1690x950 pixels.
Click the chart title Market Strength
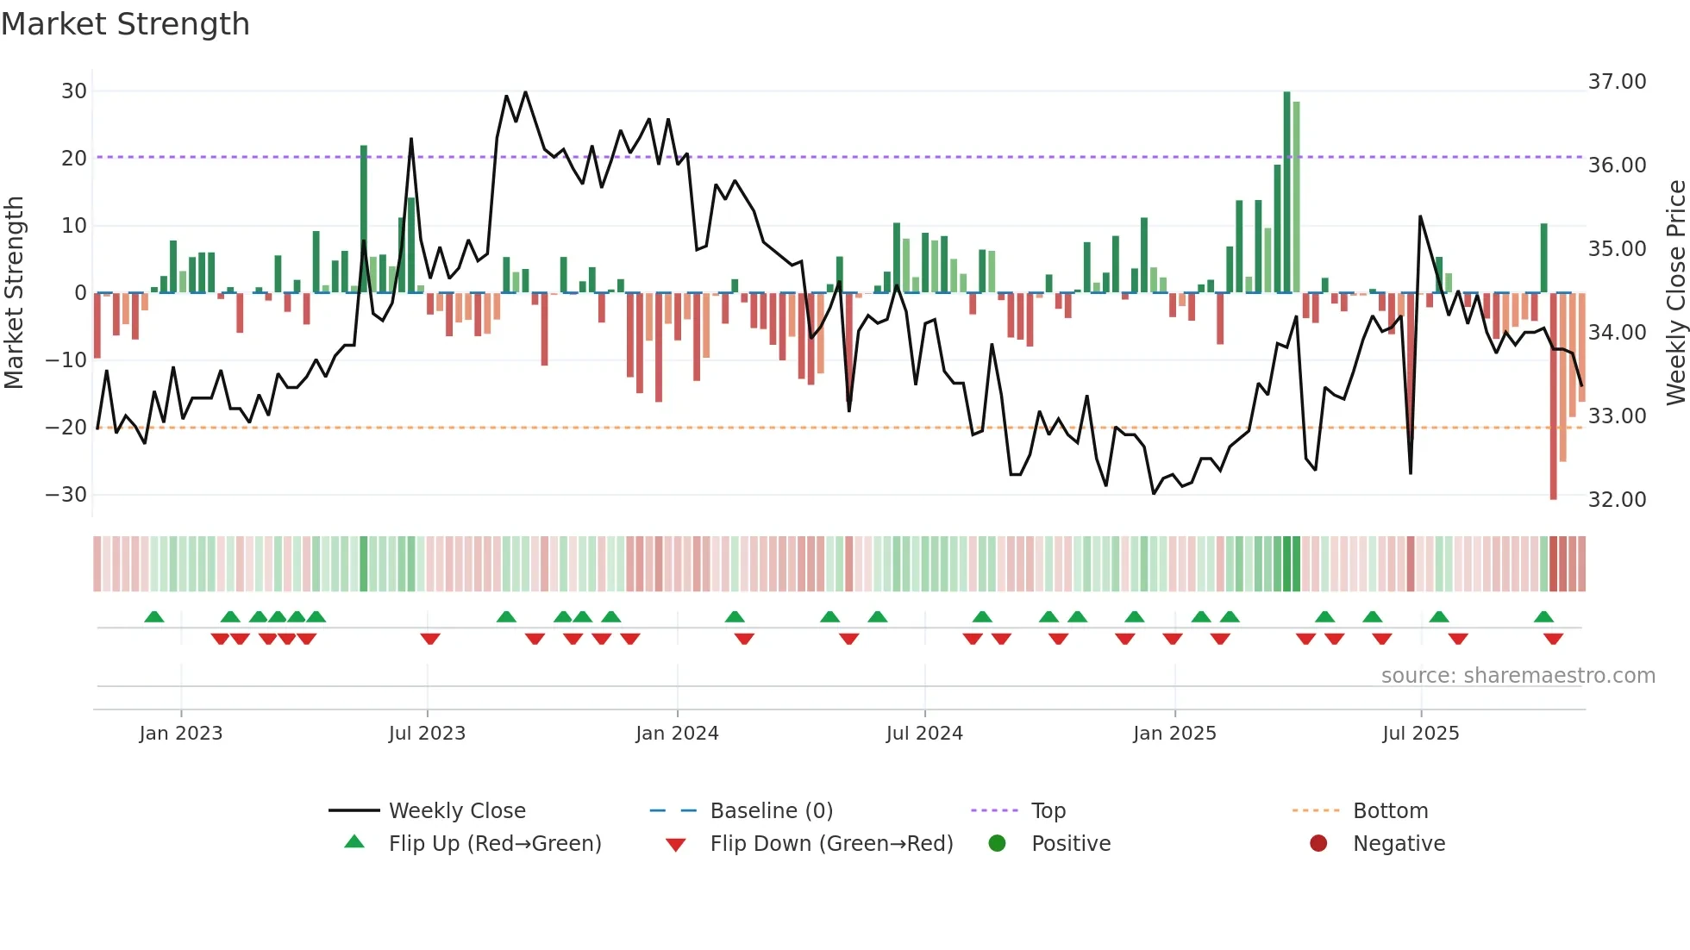click(125, 24)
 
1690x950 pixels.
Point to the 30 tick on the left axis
click(74, 91)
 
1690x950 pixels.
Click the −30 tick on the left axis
click(66, 495)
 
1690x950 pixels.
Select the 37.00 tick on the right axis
click(1617, 82)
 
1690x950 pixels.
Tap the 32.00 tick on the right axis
click(1617, 500)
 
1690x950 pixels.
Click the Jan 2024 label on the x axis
click(677, 734)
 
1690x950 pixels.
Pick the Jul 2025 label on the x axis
click(1420, 734)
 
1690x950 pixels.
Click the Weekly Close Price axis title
click(1675, 292)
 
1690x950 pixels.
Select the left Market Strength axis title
click(15, 292)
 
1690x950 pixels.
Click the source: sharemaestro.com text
click(1518, 676)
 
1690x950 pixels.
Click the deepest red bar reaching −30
click(1553, 397)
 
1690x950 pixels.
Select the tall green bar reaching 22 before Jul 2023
click(364, 219)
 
